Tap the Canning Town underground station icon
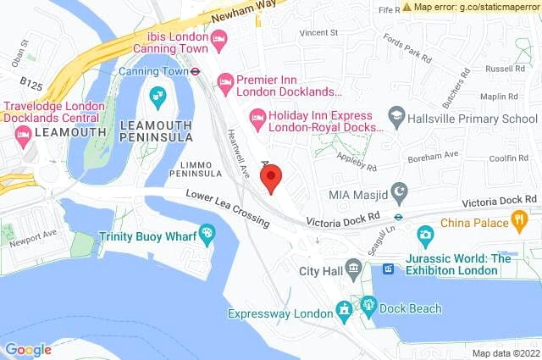[194, 71]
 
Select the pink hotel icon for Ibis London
[219, 37]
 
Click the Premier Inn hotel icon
[225, 81]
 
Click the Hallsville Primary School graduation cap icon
[395, 114]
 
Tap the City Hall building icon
[354, 269]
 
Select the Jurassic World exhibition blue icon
[389, 269]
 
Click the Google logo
[28, 349]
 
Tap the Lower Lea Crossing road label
[229, 209]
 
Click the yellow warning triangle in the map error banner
[407, 7]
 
